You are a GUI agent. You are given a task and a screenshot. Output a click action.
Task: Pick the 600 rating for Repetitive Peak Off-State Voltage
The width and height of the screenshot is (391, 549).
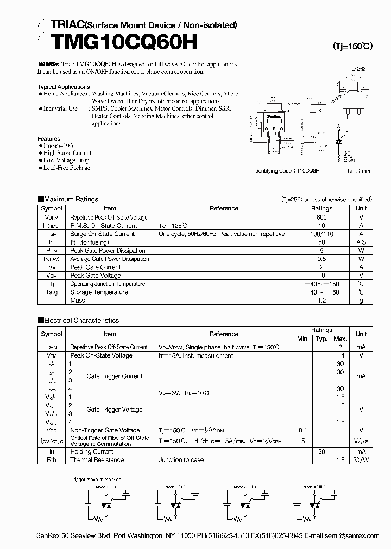pos(321,217)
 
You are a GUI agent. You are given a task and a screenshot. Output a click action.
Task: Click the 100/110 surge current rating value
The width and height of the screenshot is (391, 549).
pos(321,234)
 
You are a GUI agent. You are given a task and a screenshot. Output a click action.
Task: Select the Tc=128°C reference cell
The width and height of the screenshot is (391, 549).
pos(173,226)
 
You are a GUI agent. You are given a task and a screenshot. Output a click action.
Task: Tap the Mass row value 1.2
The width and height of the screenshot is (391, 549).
pos(321,301)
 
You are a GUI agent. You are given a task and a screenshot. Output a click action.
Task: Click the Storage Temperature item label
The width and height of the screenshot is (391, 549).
pos(98,292)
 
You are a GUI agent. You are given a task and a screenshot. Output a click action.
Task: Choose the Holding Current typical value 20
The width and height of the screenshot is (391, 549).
pos(321,451)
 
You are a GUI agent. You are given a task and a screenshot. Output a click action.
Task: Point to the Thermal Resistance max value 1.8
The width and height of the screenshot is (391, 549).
pos(340,460)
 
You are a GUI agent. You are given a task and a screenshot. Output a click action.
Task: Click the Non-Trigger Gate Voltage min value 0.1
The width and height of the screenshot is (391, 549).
pos(302,430)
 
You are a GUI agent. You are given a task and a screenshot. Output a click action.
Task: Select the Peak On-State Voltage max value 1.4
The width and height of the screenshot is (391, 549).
pos(340,355)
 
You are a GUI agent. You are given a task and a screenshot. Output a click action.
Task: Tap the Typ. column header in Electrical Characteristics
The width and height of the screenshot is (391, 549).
pos(321,339)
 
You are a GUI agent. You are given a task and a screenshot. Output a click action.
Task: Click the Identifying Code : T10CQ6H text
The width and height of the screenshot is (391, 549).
pos(287,170)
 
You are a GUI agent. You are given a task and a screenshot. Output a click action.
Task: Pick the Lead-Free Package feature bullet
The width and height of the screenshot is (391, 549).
pos(66,168)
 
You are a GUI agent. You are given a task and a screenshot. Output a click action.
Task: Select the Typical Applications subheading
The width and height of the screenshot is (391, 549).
pos(64,87)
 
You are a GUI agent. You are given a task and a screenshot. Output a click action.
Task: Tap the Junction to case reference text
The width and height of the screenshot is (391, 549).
pos(181,460)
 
